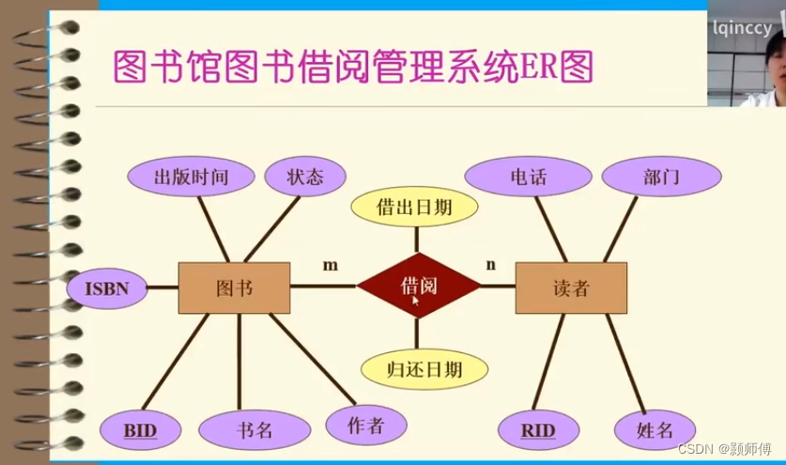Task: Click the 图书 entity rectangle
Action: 234,287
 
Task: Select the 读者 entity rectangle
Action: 571,287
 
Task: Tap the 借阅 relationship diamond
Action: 419,286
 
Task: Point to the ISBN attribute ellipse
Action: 107,288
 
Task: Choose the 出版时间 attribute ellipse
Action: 191,177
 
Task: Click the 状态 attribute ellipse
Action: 305,177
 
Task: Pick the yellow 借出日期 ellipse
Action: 414,207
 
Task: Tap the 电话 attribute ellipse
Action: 528,177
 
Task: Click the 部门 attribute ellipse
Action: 661,177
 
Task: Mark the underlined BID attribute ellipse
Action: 141,431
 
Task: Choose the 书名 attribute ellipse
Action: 254,431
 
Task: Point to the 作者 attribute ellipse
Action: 366,425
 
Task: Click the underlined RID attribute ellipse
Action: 538,431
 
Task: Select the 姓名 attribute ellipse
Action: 655,430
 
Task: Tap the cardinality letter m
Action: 330,265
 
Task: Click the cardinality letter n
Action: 490,264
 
